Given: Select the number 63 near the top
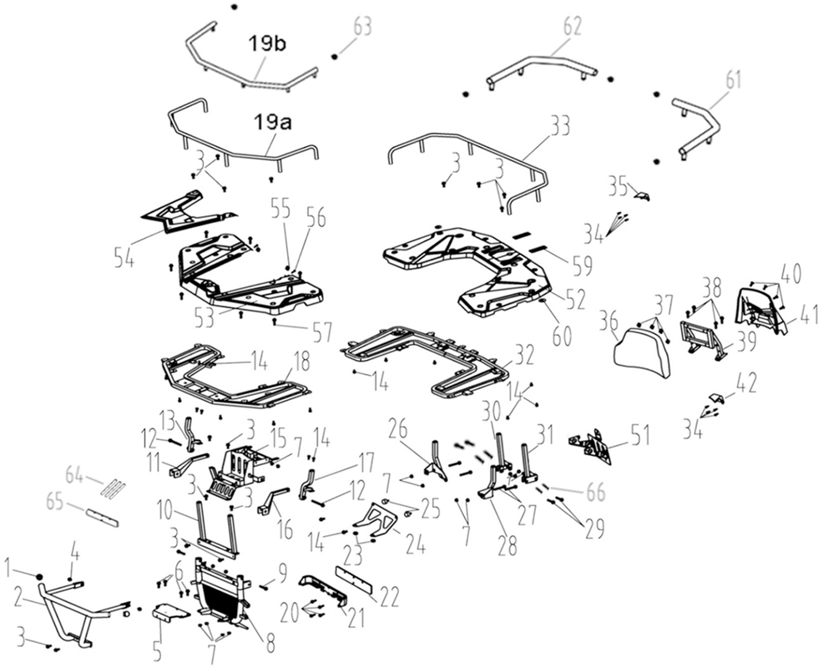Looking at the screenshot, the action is coord(361,26).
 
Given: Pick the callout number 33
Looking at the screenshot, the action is coord(559,127).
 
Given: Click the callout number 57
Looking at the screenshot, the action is coord(322,331).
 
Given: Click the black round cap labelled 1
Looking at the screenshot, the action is coord(39,578).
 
